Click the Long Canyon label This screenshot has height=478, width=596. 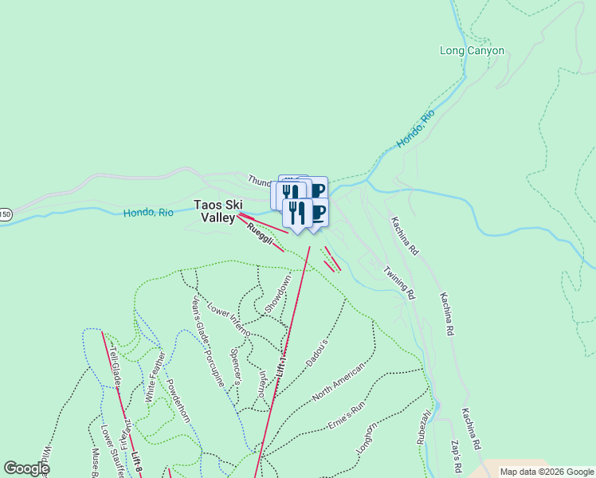pos(472,50)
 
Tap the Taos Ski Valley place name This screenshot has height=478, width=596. pos(219,210)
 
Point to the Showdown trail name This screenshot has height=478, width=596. pos(279,293)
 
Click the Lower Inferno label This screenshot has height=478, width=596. pos(229,319)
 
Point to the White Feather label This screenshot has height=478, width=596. pos(156,377)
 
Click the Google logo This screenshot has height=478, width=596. pos(25,468)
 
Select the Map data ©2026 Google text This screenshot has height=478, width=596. pos(546,472)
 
